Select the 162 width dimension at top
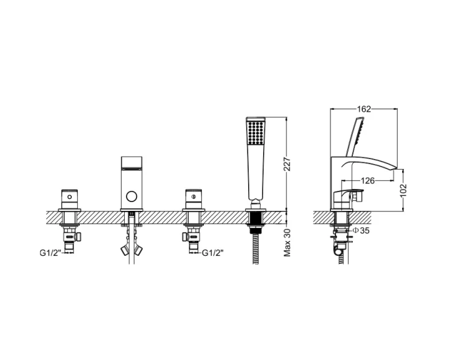pos(364,109)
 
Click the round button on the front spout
pos(130,198)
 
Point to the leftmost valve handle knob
pos(69,197)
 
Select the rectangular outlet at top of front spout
pos(130,163)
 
